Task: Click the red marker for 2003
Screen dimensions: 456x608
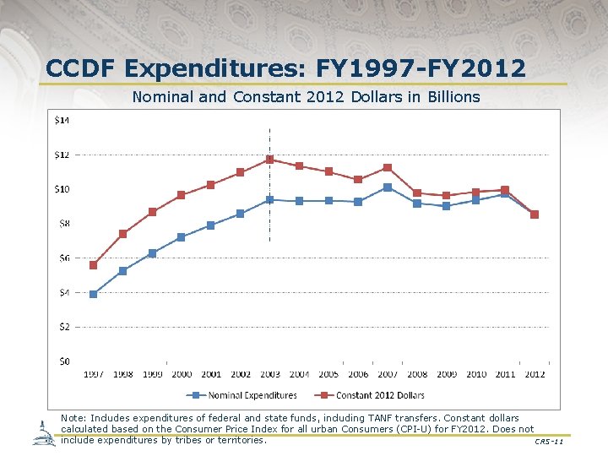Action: [x=269, y=160]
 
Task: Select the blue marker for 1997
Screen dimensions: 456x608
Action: [x=93, y=294]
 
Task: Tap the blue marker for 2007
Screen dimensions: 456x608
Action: [x=388, y=187]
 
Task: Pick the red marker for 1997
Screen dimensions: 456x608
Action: [x=93, y=265]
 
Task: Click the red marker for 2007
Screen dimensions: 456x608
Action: [x=388, y=167]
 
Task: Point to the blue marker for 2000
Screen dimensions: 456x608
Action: [x=182, y=237]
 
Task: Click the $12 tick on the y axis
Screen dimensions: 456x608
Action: [x=63, y=155]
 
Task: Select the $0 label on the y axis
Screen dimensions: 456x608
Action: [x=63, y=361]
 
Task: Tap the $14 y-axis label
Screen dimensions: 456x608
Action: [x=63, y=120]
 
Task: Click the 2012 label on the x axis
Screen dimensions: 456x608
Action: [x=535, y=374]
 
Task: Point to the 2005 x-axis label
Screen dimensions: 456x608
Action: [x=328, y=374]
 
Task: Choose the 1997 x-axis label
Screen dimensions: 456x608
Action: [x=94, y=374]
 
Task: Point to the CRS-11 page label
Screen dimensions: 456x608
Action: [x=548, y=442]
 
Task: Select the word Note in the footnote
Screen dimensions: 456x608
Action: [x=73, y=418]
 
